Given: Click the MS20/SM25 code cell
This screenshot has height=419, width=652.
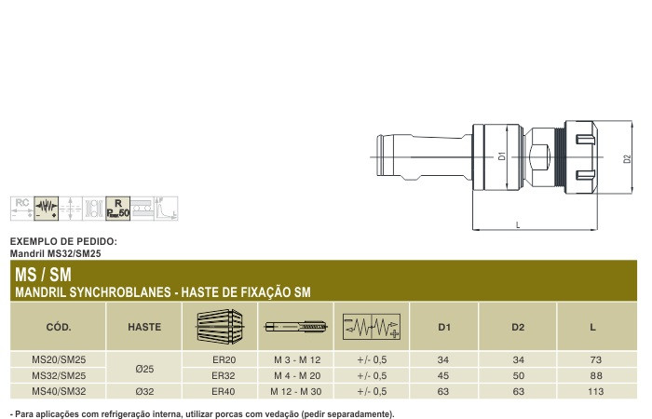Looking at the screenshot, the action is (x=59, y=359).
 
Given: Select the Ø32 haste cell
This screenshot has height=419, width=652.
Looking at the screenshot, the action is (x=144, y=391).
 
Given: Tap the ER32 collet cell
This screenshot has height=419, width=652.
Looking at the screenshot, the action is (x=224, y=375).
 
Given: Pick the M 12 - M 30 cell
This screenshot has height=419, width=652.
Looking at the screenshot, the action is (x=295, y=391).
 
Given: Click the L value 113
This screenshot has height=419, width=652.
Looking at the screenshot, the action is (x=595, y=391).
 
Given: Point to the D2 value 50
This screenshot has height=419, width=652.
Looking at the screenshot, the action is (x=519, y=375).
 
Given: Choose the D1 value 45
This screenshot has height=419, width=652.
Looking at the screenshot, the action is (x=443, y=375).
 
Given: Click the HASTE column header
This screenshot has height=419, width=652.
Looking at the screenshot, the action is (x=144, y=327).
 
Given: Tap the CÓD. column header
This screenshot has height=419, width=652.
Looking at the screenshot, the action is (x=59, y=327).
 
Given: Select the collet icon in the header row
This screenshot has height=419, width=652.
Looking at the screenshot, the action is (x=220, y=326).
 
